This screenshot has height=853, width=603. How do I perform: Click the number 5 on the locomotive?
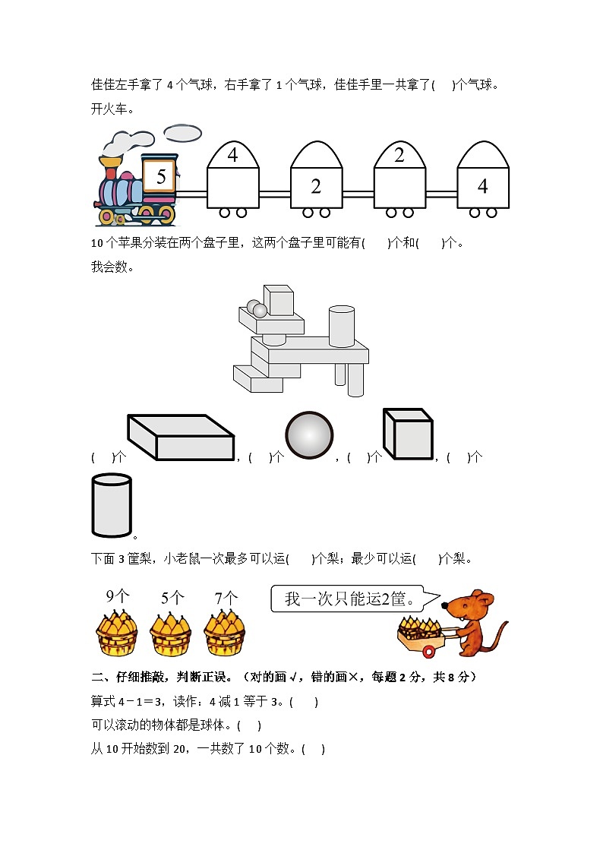pos(160,177)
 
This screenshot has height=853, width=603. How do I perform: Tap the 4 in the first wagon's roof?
pos(232,156)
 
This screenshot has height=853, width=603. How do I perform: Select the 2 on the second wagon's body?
pos(316,186)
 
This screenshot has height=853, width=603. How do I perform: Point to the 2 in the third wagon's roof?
pos(399,156)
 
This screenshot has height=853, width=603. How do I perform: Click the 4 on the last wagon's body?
pos(482,186)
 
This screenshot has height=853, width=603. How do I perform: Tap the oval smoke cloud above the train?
pos(183,134)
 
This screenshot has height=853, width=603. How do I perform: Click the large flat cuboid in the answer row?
pos(181,438)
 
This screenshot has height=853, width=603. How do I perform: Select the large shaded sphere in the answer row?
pos(309,435)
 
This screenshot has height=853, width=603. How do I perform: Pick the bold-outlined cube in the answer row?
pos(408,434)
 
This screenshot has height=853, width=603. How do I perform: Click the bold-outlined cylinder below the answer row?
pos(112,506)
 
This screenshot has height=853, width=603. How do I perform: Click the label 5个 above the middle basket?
pos(172,598)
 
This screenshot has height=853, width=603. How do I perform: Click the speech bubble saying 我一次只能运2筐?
pos(347,599)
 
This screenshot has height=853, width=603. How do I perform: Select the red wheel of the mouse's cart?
pos(430,651)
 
